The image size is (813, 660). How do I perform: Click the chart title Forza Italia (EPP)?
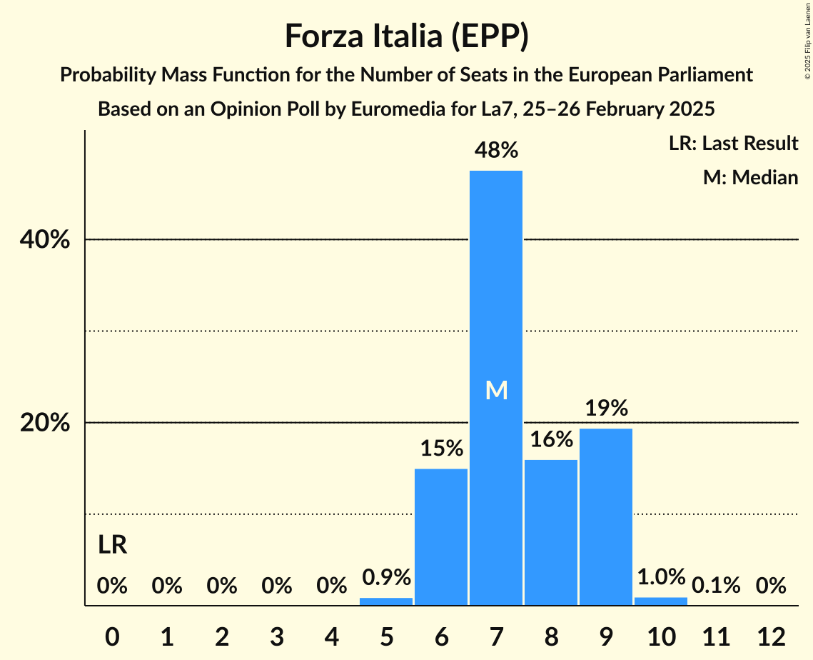point(406,36)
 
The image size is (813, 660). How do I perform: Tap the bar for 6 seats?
point(441,536)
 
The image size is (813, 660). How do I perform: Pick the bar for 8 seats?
point(551,532)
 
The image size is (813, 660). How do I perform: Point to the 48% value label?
point(496,150)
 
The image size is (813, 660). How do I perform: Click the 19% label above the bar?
point(606,408)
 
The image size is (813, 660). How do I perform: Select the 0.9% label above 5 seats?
point(386,577)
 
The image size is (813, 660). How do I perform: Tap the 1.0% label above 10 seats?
point(661,576)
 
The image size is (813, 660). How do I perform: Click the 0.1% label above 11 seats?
point(716,586)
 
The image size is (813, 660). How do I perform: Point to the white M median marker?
point(496,390)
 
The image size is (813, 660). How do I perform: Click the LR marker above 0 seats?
point(112,546)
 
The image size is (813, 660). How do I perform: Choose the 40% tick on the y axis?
point(45,240)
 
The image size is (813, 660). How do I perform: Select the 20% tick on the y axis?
point(45,423)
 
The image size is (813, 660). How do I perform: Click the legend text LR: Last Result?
point(733,144)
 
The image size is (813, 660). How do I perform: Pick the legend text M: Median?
point(750,177)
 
